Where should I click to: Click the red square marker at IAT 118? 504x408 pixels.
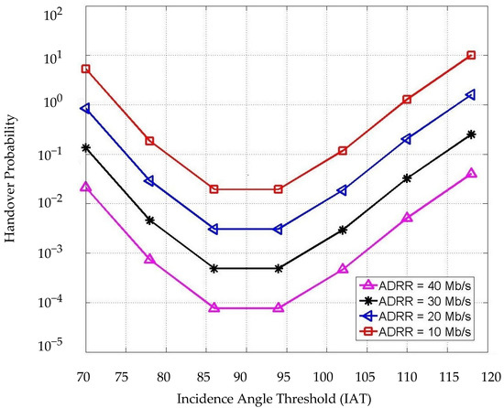tap(471, 56)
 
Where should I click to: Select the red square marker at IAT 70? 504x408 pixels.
tap(85, 69)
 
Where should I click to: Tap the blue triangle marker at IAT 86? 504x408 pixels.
tap(214, 229)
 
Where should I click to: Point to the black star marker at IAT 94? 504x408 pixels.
tap(279, 269)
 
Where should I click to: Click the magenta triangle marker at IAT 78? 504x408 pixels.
tap(149, 260)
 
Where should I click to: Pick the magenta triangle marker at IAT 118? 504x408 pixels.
tap(471, 174)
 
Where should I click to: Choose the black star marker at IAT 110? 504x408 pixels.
tap(407, 178)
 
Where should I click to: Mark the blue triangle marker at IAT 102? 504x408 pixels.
tap(343, 190)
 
